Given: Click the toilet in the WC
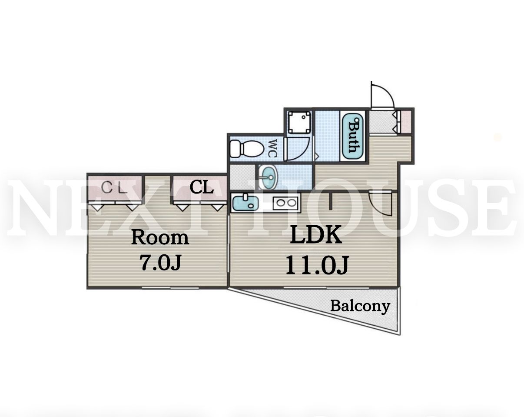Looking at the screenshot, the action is pos(247,148).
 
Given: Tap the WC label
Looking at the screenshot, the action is pos(273,148).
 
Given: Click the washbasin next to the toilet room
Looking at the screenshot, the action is pos(268,177).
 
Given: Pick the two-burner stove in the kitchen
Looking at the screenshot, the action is pos(286,203).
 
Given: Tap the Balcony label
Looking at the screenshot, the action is pos(360,307).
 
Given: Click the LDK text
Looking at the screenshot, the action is pos(315,235).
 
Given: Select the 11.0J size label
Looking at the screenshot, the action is pos(318,266).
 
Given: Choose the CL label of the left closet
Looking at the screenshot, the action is pos(114,188).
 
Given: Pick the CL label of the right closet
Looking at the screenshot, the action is pos(202,188).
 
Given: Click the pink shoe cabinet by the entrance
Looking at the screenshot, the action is pos(406,122).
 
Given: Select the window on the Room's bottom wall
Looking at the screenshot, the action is pos(170,288).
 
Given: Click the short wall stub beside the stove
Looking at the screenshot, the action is pos(330,201).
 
